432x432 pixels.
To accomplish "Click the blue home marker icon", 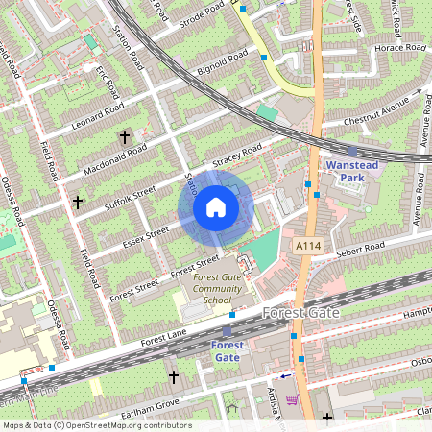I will (216, 207).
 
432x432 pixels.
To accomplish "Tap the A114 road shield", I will (307, 247).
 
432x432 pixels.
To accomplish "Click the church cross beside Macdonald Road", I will (124, 137).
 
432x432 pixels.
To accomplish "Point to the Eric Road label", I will (105, 73).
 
